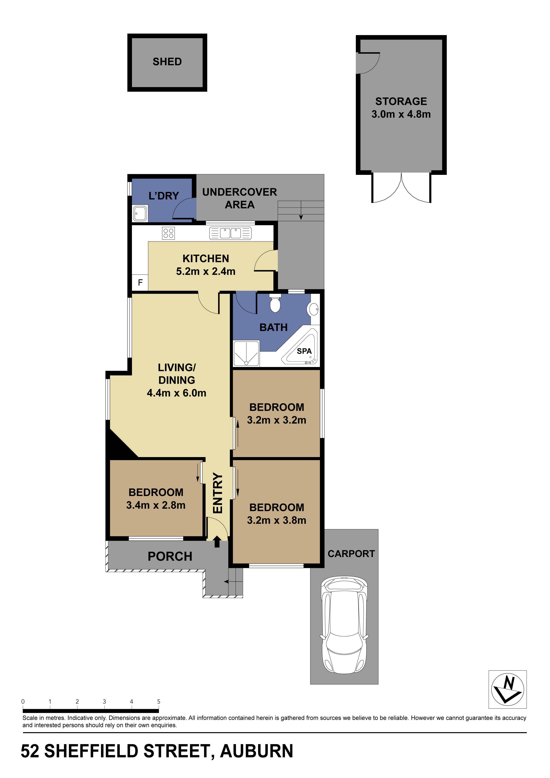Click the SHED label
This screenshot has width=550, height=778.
point(167,62)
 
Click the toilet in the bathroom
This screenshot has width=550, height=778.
point(275,304)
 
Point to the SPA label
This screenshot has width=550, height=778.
point(304,351)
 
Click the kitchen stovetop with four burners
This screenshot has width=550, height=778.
point(168,233)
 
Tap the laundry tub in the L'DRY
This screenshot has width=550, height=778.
point(140,214)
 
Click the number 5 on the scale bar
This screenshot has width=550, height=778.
point(158,702)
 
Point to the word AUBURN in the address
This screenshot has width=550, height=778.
point(256,751)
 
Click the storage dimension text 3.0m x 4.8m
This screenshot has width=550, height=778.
point(401,114)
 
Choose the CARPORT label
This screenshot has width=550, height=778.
point(351,554)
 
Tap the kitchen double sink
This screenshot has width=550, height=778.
point(230,233)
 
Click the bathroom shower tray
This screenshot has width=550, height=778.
point(246,353)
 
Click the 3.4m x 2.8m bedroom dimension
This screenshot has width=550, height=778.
point(156,505)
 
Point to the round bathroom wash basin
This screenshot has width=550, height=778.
point(314,309)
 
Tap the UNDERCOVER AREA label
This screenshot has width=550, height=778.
point(240,198)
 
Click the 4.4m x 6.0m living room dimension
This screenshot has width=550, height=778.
point(176,393)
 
